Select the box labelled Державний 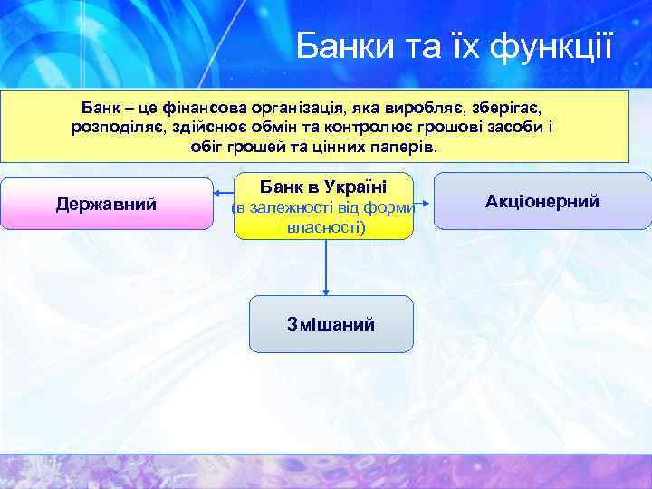point(106,204)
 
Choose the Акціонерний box point(542,201)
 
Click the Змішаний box point(331,323)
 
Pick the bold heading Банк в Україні point(323,187)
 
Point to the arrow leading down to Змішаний point(326,267)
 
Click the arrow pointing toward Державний point(223,191)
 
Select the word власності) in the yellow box point(325,227)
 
